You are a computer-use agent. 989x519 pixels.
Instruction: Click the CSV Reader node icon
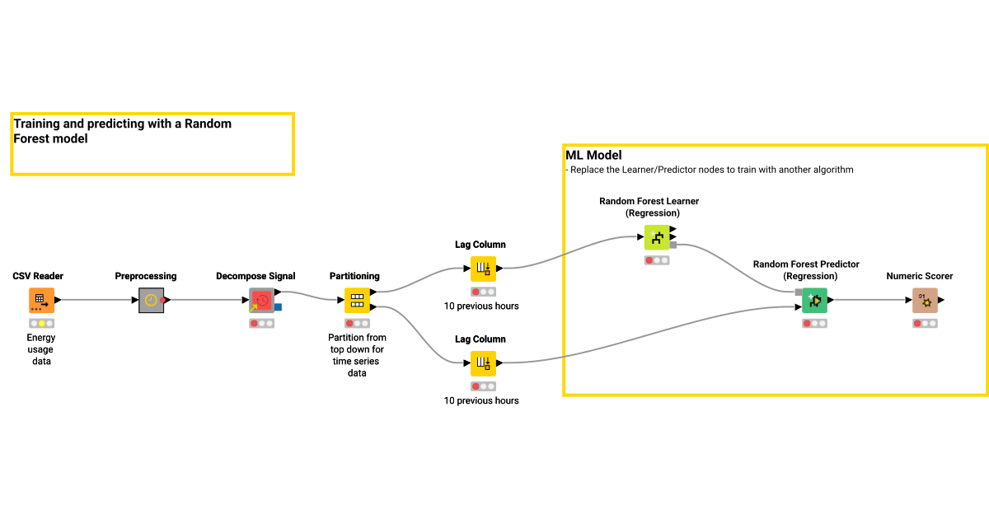click(41, 301)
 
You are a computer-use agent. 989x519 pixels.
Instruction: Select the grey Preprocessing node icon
click(151, 301)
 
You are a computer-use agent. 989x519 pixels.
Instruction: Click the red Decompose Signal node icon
click(262, 301)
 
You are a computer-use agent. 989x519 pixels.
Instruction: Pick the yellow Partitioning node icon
click(357, 301)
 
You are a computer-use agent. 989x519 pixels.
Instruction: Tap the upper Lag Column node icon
click(484, 269)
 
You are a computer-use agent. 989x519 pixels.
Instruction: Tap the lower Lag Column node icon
click(484, 363)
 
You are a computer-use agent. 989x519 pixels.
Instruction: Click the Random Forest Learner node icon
click(657, 238)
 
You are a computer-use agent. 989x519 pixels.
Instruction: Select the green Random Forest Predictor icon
click(814, 301)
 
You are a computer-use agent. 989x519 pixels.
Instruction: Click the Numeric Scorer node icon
click(925, 301)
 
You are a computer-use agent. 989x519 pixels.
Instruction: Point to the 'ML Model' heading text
click(593, 155)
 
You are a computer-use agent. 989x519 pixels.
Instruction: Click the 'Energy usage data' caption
click(41, 349)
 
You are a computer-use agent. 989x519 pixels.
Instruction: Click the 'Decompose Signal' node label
click(255, 276)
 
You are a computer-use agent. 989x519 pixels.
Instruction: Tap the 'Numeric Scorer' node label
click(920, 276)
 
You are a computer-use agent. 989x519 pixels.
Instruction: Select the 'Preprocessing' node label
click(146, 276)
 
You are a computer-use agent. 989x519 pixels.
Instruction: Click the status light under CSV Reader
click(41, 324)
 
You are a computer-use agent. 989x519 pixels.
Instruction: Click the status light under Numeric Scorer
click(925, 324)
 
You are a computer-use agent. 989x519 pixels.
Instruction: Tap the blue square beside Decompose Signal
click(279, 307)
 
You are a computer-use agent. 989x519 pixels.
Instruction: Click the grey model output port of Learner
click(673, 245)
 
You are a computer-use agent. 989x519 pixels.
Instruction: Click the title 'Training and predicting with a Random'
click(123, 124)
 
